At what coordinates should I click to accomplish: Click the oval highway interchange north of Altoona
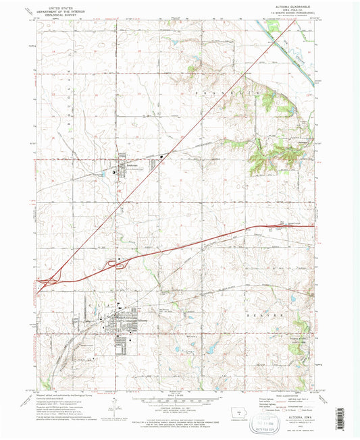121,264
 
